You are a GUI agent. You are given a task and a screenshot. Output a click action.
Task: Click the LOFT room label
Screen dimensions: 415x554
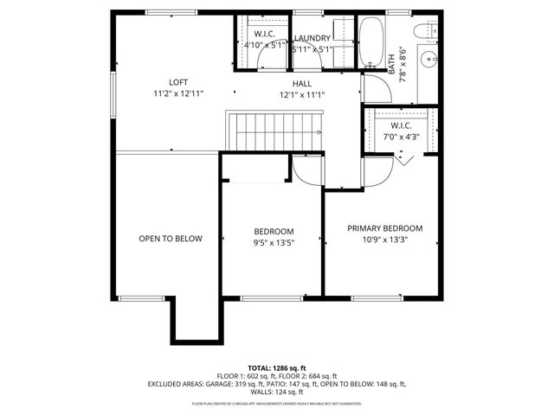click(177, 82)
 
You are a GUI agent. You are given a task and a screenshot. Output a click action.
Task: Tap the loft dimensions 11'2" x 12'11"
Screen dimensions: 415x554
click(178, 93)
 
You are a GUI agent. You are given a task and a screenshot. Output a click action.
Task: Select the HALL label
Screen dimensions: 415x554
click(301, 83)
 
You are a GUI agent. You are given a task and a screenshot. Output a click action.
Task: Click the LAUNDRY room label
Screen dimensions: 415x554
click(312, 39)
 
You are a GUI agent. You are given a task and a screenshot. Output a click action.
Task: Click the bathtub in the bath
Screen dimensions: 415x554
click(374, 43)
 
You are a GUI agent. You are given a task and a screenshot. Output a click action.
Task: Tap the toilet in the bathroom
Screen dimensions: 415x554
click(423, 34)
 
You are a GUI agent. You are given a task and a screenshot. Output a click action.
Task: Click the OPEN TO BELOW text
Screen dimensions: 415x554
click(171, 239)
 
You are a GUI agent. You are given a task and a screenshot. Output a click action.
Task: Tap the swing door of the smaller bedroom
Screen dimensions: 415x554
click(306, 169)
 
